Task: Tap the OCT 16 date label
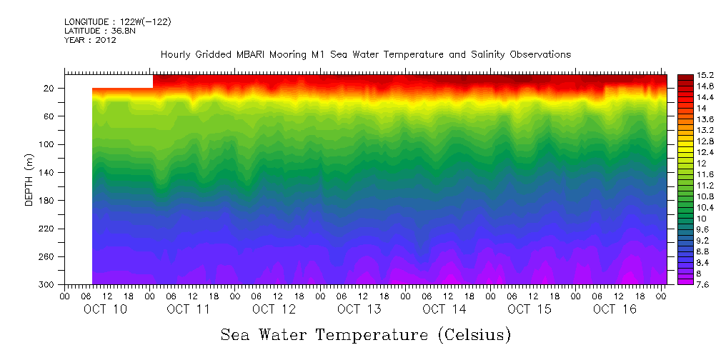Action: click(x=615, y=309)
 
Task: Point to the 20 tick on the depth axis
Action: click(x=49, y=89)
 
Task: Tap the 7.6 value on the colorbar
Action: click(x=690, y=284)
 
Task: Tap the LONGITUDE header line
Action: click(x=117, y=22)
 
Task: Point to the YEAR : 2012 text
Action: click(x=90, y=40)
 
